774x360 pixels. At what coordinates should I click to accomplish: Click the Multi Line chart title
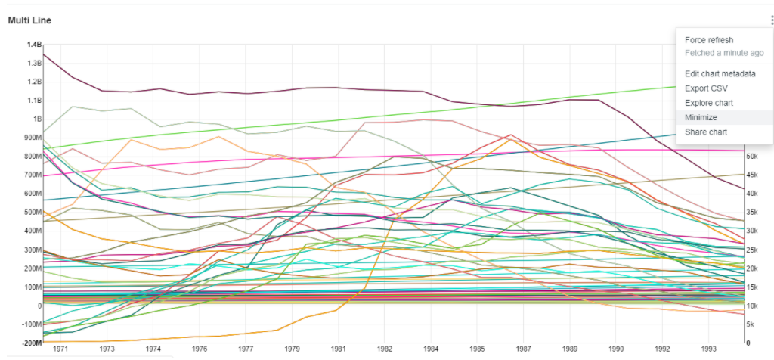29,20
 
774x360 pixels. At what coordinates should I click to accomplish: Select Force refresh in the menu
709,40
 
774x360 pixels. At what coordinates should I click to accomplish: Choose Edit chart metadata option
720,74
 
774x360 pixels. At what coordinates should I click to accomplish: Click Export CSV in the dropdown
706,88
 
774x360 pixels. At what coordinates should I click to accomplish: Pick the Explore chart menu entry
709,103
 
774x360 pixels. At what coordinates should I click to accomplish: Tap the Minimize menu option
701,118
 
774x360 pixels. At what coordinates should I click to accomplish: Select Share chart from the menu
706,132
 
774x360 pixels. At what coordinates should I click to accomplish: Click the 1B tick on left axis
37,119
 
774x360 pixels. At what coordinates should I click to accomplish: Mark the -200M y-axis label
31,343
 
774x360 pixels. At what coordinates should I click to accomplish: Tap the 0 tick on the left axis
39,306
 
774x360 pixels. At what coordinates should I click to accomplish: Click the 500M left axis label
32,213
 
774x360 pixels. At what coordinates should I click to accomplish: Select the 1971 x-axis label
61,350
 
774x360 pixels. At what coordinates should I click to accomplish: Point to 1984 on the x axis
431,350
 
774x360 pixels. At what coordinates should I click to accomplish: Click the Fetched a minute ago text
723,53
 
